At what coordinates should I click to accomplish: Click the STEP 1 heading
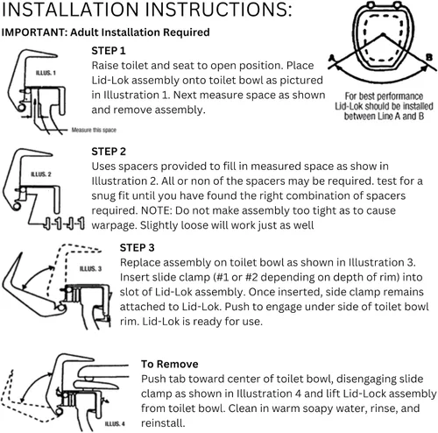[109, 51]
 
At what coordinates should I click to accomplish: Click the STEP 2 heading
[109, 152]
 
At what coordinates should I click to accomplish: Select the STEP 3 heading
[137, 248]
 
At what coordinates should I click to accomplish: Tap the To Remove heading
[170, 364]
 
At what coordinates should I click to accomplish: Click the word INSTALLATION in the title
[71, 10]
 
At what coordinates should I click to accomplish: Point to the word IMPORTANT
[34, 32]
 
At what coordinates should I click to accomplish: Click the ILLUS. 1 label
[46, 73]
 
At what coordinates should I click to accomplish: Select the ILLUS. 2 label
[41, 174]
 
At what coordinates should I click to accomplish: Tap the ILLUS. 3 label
[90, 268]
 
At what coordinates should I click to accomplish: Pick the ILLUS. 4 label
[115, 423]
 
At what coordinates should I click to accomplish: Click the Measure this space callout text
[94, 130]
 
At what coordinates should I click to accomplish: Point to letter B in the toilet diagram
[429, 57]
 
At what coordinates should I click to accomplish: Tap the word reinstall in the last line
[163, 423]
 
